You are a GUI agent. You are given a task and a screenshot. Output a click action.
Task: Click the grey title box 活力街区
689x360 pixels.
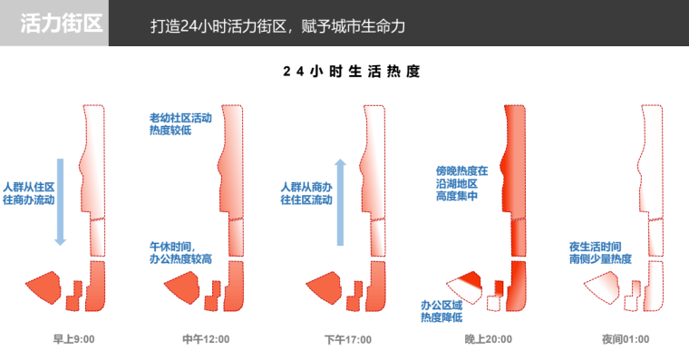54,23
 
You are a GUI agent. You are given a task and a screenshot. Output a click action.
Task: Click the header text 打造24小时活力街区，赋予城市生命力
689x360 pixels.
277,26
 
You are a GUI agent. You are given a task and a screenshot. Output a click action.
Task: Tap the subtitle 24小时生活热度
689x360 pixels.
352,72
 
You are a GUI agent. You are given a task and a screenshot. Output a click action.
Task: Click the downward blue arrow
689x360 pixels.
60,201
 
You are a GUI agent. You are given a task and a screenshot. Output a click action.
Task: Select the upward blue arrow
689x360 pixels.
340,201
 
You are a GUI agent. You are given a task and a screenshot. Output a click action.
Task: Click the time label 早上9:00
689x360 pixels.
73,339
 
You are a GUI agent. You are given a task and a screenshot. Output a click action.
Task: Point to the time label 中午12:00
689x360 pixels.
206,339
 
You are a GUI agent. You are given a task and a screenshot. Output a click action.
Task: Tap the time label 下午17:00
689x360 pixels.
348,339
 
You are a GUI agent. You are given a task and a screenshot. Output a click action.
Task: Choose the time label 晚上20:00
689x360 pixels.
488,339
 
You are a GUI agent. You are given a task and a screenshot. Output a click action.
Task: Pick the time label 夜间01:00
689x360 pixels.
626,339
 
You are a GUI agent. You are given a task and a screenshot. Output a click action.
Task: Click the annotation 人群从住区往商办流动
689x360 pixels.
29,193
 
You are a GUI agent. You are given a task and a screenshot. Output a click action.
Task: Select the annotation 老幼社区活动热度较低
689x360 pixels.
180,124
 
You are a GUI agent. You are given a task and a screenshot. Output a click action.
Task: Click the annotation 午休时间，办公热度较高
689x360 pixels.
180,253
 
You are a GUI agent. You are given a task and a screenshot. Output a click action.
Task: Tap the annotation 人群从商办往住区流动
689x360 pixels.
306,193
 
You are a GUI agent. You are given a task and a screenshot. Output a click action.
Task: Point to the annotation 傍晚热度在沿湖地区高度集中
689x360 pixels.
461,183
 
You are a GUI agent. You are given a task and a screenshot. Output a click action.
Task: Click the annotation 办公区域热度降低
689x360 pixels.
442,311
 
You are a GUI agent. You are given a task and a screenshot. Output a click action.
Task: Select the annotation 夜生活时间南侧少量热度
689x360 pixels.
600,253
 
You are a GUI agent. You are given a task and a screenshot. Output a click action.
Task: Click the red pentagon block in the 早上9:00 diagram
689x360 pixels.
44,287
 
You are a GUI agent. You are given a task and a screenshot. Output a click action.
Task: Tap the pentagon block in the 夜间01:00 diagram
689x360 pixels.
603,287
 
